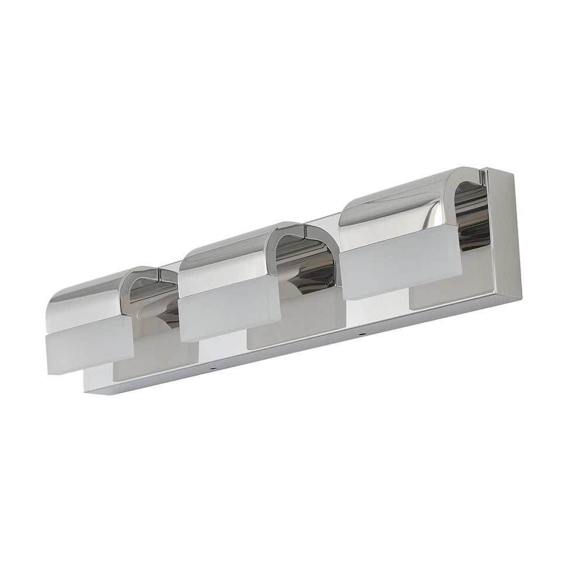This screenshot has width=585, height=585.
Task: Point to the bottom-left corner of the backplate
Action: (87, 391)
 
